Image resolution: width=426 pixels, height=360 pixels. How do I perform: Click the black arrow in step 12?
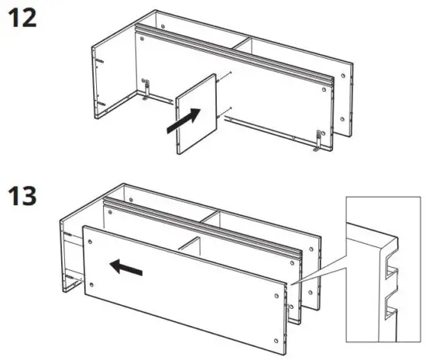click(185, 121)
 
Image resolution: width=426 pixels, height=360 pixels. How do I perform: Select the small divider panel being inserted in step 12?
click(196, 115)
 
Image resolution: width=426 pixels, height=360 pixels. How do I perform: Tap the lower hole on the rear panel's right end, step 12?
click(342, 118)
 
